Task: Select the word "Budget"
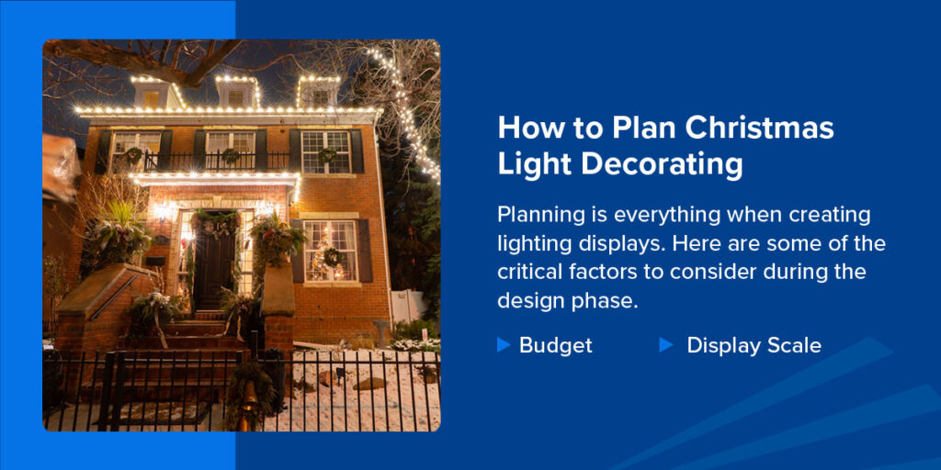555,345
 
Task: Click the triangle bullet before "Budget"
503,344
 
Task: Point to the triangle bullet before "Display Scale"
666,344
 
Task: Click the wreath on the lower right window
333,256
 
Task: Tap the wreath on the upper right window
327,154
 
